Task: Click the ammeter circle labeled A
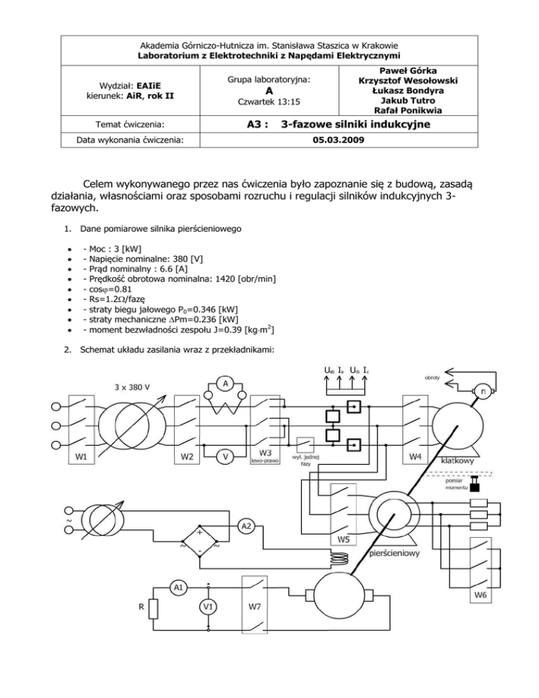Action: tap(223, 383)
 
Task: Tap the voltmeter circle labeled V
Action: tap(225, 456)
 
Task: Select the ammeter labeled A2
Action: tap(247, 525)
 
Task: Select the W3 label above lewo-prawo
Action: tap(265, 452)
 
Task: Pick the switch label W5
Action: tap(343, 540)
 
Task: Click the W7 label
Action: tap(256, 605)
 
